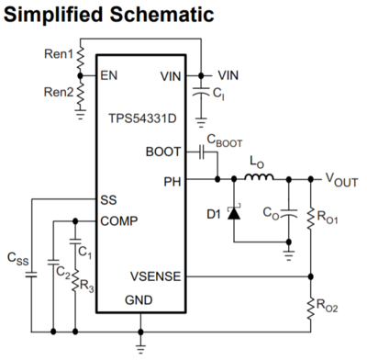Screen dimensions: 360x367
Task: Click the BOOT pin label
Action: [164, 152]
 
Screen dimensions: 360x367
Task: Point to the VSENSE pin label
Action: [155, 276]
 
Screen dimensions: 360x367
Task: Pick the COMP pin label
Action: [118, 220]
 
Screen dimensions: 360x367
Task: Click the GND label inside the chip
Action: [139, 300]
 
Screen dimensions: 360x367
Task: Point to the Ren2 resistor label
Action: [58, 93]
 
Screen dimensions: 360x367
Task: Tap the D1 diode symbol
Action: [234, 214]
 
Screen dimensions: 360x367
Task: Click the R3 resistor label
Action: [87, 286]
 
